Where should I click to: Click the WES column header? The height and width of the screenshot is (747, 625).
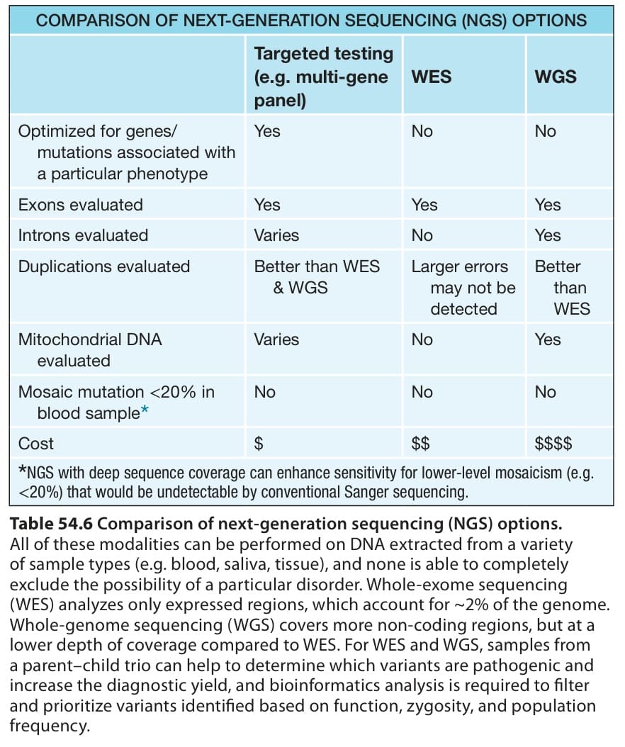tap(431, 77)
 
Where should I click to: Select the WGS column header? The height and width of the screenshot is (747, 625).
tap(556, 77)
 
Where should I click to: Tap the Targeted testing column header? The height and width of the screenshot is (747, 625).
tap(323, 77)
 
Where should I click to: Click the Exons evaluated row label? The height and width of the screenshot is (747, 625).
tap(81, 205)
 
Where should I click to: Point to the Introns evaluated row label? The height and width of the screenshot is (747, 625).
tap(83, 235)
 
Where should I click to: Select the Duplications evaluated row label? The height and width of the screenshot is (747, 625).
tap(104, 266)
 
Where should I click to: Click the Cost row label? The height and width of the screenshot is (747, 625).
tap(35, 444)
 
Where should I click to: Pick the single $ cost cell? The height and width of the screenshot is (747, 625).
tap(259, 444)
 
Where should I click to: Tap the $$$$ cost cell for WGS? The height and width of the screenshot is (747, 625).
tap(553, 444)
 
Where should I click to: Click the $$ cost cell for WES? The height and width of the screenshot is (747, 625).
tap(421, 444)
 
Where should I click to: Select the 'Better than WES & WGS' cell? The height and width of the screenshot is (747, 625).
tap(317, 277)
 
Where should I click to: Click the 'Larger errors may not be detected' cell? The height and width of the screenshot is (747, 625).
tap(463, 288)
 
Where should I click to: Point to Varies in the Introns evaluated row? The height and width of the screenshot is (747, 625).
tap(276, 235)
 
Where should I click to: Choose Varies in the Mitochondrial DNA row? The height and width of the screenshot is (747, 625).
tap(276, 339)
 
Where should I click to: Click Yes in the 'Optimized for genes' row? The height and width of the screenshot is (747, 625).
tap(266, 131)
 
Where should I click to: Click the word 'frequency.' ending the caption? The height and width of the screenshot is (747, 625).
tap(50, 726)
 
